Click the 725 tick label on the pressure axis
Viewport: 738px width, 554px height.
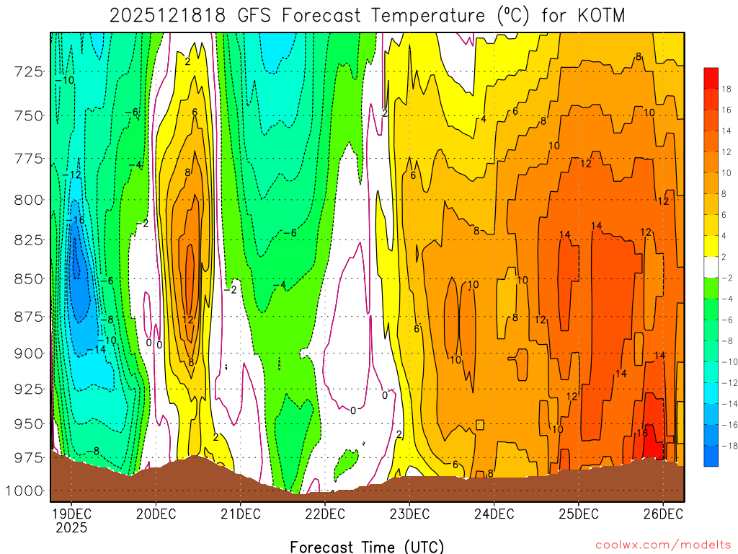point(29,71)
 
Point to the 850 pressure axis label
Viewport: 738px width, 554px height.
point(29,278)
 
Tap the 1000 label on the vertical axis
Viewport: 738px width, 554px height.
point(26,491)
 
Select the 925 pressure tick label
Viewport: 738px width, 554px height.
point(29,390)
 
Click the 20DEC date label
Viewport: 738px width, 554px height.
point(156,514)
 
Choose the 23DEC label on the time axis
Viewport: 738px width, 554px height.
point(409,514)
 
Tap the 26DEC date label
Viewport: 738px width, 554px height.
point(662,514)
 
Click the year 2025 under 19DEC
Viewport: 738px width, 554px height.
point(71,527)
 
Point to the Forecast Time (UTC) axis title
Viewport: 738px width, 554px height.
point(367,546)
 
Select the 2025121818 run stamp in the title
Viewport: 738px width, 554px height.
point(170,15)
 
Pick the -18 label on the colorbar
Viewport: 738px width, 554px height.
point(724,446)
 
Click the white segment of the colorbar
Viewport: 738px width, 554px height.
point(711,267)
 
